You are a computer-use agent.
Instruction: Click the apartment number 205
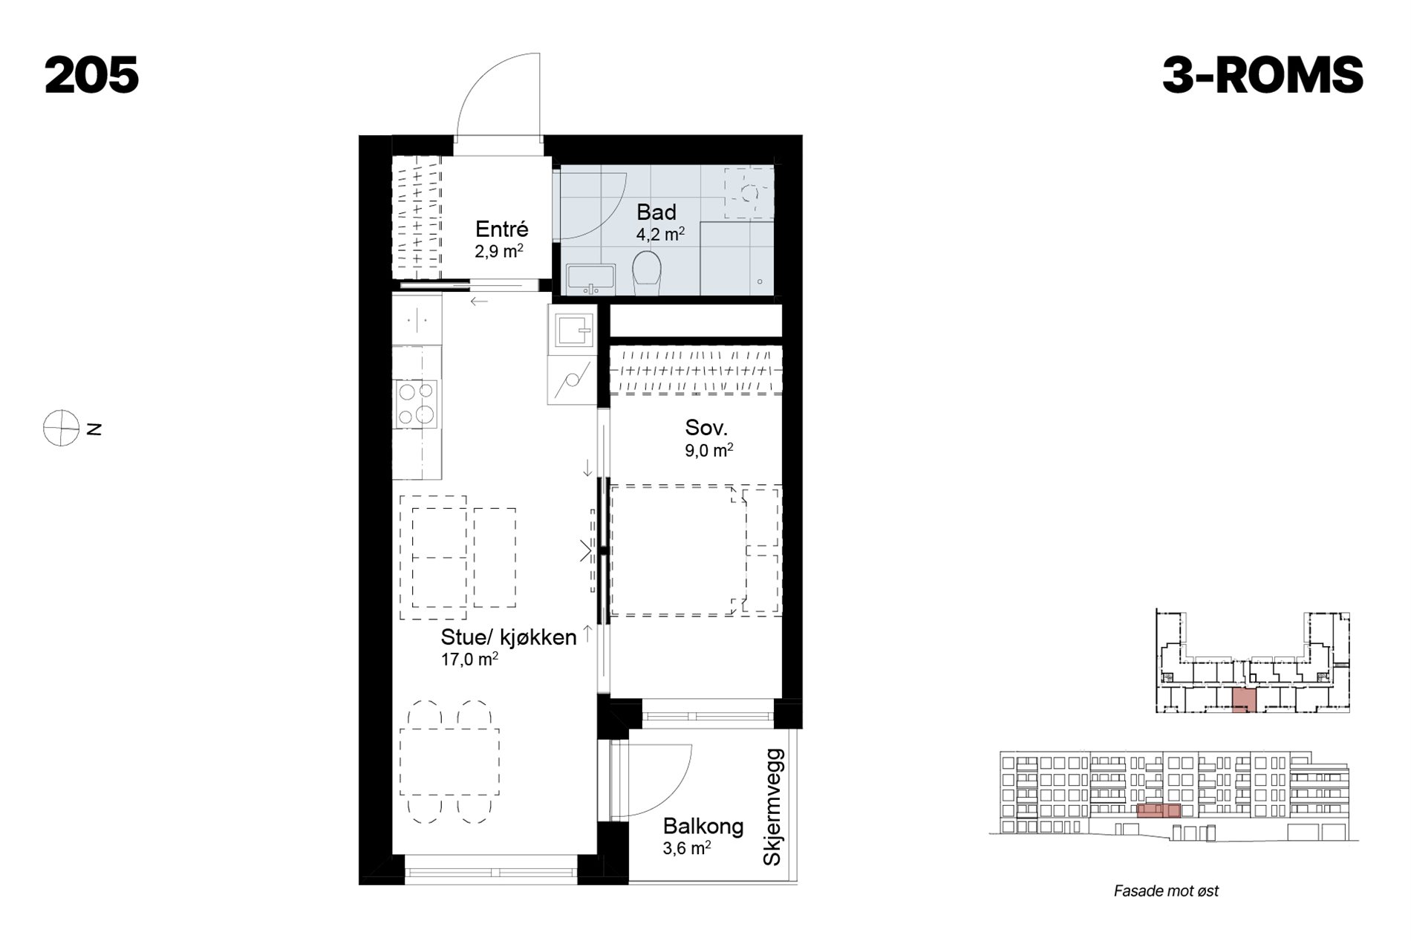coord(92,75)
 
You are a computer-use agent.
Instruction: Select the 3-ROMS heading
coord(1262,75)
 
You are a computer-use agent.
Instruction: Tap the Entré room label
coord(502,229)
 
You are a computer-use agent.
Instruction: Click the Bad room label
coord(656,212)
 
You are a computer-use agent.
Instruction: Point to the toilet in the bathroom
coord(647,272)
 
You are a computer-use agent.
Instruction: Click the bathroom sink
coord(590,279)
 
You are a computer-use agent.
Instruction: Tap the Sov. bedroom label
coord(706,428)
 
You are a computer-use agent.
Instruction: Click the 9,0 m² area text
coord(709,450)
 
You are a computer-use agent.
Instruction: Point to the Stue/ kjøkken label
coord(509,637)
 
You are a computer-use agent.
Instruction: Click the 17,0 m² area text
coord(469,659)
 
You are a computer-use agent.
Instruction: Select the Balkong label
coord(703,826)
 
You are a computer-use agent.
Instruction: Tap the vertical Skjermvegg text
coord(773,807)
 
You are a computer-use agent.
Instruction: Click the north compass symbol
coord(62,428)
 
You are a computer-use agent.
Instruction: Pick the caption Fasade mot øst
coord(1166,891)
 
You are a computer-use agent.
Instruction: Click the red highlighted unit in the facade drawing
coord(1159,810)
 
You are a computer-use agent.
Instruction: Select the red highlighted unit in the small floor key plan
coord(1244,700)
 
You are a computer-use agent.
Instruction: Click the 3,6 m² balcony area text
coord(687,848)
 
